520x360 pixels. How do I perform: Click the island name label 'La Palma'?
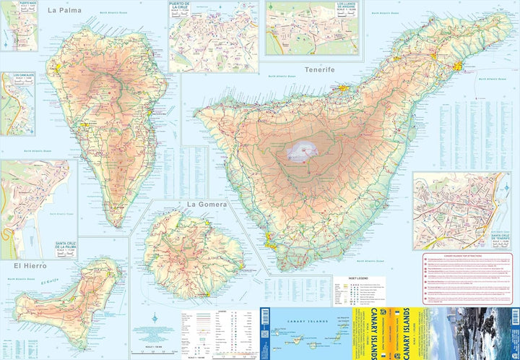pos(64,11)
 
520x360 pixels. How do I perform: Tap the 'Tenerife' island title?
pos(320,69)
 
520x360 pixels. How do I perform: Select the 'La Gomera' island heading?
pos(207,205)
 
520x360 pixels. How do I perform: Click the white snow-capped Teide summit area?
pos(302,150)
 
